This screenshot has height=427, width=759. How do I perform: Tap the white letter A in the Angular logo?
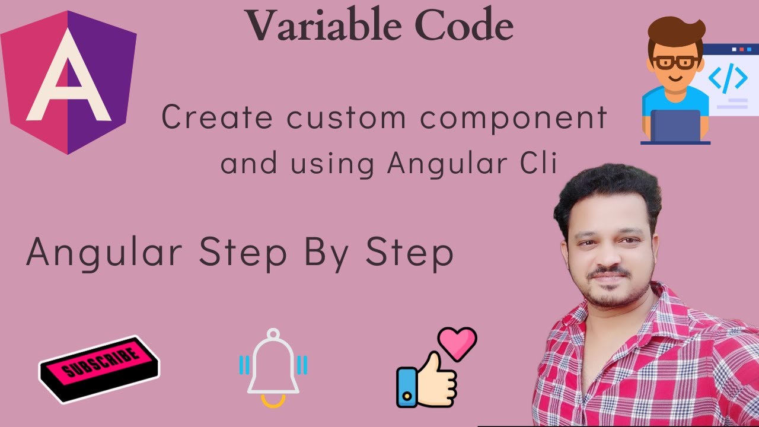(x=68, y=77)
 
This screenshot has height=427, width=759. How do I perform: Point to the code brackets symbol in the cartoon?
(x=728, y=78)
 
